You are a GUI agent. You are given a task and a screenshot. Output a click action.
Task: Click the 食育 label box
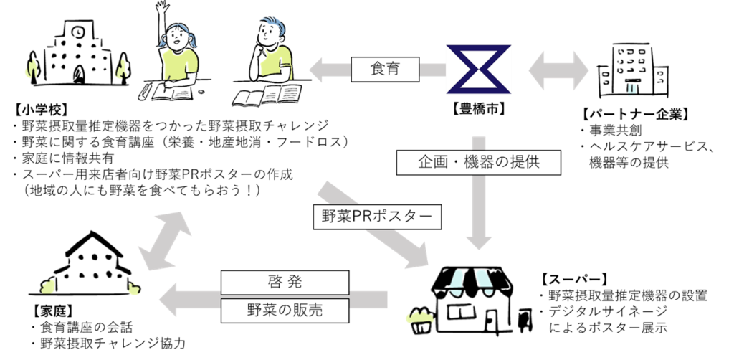385,70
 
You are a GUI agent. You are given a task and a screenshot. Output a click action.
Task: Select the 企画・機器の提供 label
478,162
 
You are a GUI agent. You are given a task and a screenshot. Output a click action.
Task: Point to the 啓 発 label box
284,282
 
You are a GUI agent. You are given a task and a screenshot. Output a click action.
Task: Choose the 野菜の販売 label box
284,311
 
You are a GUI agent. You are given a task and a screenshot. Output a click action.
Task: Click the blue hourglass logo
478,70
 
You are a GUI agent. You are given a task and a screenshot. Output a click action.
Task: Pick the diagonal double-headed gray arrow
164,240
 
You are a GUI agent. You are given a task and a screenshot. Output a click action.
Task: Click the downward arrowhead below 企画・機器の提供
478,240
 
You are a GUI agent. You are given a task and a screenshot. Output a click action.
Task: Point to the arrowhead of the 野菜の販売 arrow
169,298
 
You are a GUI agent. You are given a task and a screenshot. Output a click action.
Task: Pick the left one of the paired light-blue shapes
457,282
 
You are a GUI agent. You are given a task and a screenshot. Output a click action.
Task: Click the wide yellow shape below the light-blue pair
419,316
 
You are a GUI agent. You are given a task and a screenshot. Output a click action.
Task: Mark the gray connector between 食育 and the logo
432,70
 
